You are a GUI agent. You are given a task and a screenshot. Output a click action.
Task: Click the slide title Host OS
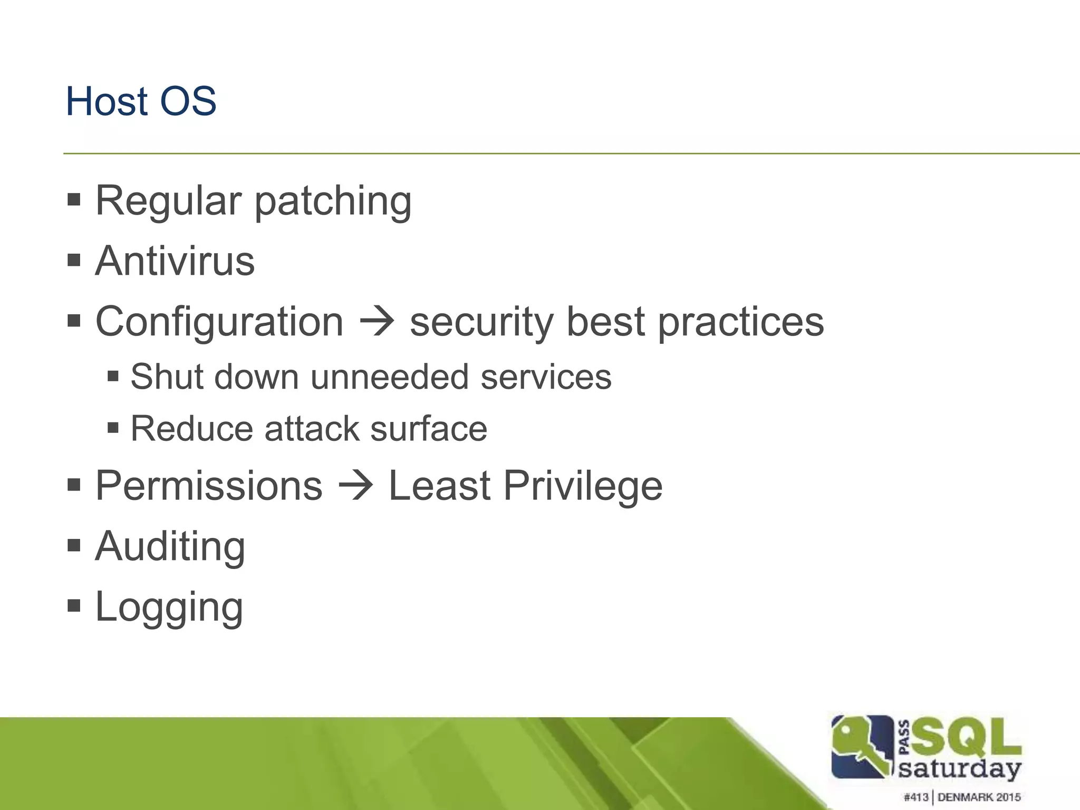141,101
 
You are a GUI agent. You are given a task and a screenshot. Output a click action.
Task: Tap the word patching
333,203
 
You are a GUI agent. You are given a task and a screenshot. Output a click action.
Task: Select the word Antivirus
175,261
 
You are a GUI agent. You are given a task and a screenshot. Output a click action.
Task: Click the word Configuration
219,322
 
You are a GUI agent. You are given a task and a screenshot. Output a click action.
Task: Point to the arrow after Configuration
377,321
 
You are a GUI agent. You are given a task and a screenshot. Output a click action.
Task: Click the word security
481,323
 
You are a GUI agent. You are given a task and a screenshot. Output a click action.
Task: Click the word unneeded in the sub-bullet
389,378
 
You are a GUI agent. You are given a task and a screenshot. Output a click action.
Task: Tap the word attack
311,429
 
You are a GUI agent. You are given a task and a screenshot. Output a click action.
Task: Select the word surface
428,429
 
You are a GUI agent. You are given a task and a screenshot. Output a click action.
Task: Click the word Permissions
209,486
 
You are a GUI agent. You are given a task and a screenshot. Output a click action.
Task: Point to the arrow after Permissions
355,485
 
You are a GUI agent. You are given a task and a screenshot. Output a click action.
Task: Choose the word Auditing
170,547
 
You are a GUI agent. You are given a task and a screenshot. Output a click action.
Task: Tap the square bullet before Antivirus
74,260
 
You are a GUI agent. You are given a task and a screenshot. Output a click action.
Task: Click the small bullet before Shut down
112,377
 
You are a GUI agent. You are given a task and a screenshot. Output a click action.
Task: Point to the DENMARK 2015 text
979,797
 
